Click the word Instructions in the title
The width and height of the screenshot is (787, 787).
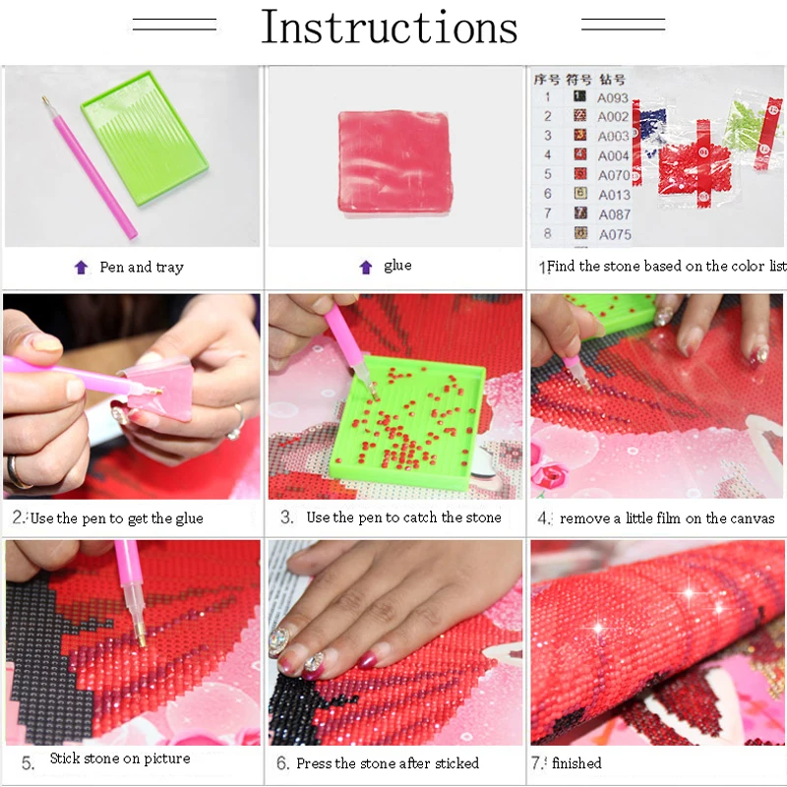(389, 28)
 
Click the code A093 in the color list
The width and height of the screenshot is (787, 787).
(613, 97)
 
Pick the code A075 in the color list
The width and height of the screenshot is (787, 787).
(614, 234)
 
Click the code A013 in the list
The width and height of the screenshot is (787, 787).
(614, 195)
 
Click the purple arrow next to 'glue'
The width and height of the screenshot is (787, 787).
(366, 267)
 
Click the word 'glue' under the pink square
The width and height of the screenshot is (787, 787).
(397, 266)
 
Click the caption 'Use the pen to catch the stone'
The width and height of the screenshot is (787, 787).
(403, 517)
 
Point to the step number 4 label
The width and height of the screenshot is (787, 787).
(543, 517)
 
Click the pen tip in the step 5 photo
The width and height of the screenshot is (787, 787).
(142, 640)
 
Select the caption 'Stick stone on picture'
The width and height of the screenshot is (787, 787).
(120, 758)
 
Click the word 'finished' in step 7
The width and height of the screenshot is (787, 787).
(576, 762)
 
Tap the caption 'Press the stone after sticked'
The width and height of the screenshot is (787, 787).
(388, 762)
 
